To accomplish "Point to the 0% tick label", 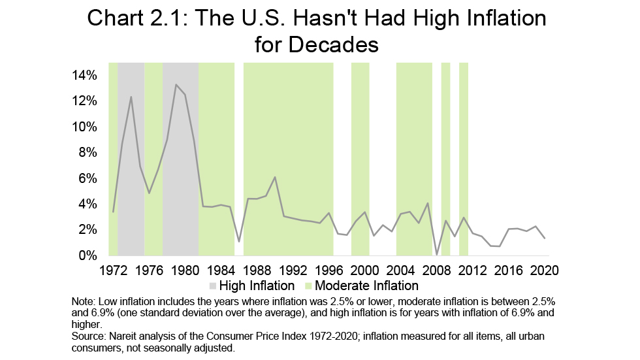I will tap(89, 255).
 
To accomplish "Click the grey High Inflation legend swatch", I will tap(213, 286).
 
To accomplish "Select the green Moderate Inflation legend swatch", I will tap(309, 286).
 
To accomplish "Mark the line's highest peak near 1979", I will tap(176, 84).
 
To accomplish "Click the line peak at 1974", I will tap(131, 97).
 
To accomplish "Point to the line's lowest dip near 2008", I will tap(436, 254).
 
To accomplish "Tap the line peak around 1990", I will tap(275, 177).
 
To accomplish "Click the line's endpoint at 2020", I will tap(544, 238).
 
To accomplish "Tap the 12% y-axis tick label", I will tap(86, 101).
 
